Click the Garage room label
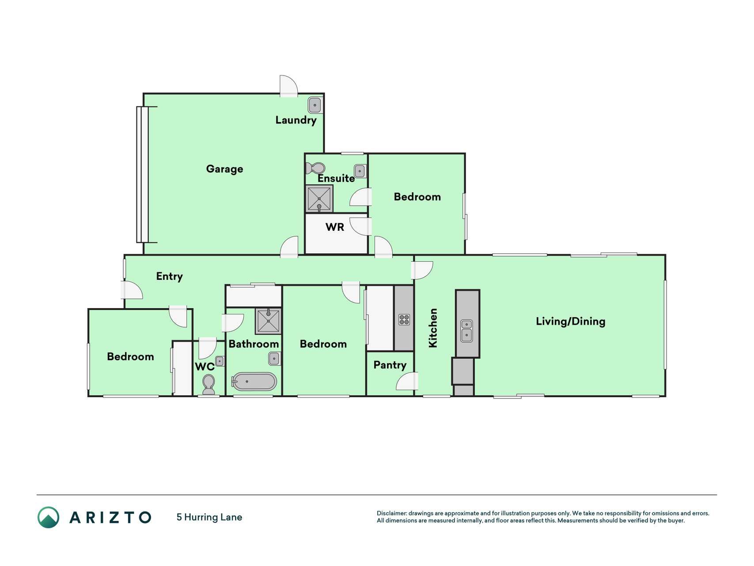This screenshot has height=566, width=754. pos(224,169)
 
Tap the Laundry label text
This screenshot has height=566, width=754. pos(296,120)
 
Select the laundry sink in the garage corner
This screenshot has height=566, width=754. pos(315,105)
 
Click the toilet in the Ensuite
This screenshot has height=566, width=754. pos(315,168)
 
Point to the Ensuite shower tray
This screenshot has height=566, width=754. pos(319,199)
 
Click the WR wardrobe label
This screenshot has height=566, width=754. pos(334,227)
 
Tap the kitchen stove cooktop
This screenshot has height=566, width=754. pos(404,319)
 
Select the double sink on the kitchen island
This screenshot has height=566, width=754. pos(466,331)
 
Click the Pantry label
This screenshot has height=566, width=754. pos(390,365)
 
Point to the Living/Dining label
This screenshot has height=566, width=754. pos(570,321)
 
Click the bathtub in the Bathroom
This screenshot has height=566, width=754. pos(254,382)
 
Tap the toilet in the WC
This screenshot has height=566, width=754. pos(208,384)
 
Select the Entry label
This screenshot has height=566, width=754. pos(169,276)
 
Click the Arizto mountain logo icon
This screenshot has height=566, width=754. pos(48,517)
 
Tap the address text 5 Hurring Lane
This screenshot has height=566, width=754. pos(209,517)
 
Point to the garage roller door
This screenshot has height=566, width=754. pos(142,174)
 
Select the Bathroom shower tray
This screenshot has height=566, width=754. pos(268,321)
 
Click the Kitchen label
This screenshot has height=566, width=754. pos(433,328)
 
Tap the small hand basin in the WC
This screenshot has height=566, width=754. pos(220,361)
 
